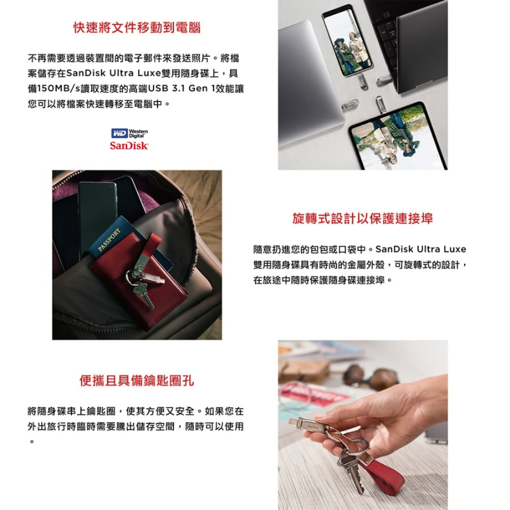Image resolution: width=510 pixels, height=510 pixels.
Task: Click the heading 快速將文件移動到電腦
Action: click(137, 28)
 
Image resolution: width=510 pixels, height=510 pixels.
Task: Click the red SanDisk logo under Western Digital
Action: click(129, 145)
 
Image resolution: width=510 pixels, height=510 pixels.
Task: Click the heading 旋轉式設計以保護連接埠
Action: click(363, 218)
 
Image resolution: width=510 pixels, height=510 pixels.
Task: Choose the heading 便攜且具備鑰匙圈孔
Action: click(137, 380)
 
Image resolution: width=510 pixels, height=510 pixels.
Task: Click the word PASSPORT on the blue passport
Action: click(109, 240)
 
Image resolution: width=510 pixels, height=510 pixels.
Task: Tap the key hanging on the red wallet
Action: click(143, 293)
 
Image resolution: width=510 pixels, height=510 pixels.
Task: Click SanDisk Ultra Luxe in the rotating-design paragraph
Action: click(421, 249)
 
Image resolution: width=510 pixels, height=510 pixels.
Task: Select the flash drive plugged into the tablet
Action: click(379, 104)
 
